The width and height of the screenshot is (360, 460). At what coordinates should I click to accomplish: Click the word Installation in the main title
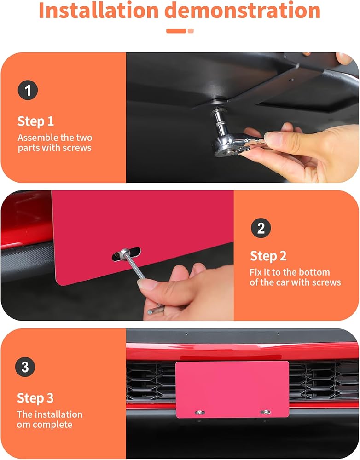99,10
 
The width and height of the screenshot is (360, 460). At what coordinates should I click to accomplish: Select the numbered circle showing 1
28,90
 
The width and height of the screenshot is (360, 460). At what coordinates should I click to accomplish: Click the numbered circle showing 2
261,228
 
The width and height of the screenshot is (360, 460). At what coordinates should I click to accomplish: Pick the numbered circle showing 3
25,367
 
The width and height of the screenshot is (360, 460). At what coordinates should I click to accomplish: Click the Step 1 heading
35,121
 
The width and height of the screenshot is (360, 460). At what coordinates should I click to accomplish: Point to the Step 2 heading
268,256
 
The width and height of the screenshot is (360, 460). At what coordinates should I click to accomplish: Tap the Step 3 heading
35,398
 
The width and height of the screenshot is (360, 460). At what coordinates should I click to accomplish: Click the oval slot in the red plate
126,254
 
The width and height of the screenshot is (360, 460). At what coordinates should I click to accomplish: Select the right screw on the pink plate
265,412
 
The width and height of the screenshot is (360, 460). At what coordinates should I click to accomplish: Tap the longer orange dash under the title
176,31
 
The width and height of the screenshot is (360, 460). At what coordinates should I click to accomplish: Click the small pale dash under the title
191,31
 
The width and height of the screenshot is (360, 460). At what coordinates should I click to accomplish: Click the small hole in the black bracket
290,79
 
